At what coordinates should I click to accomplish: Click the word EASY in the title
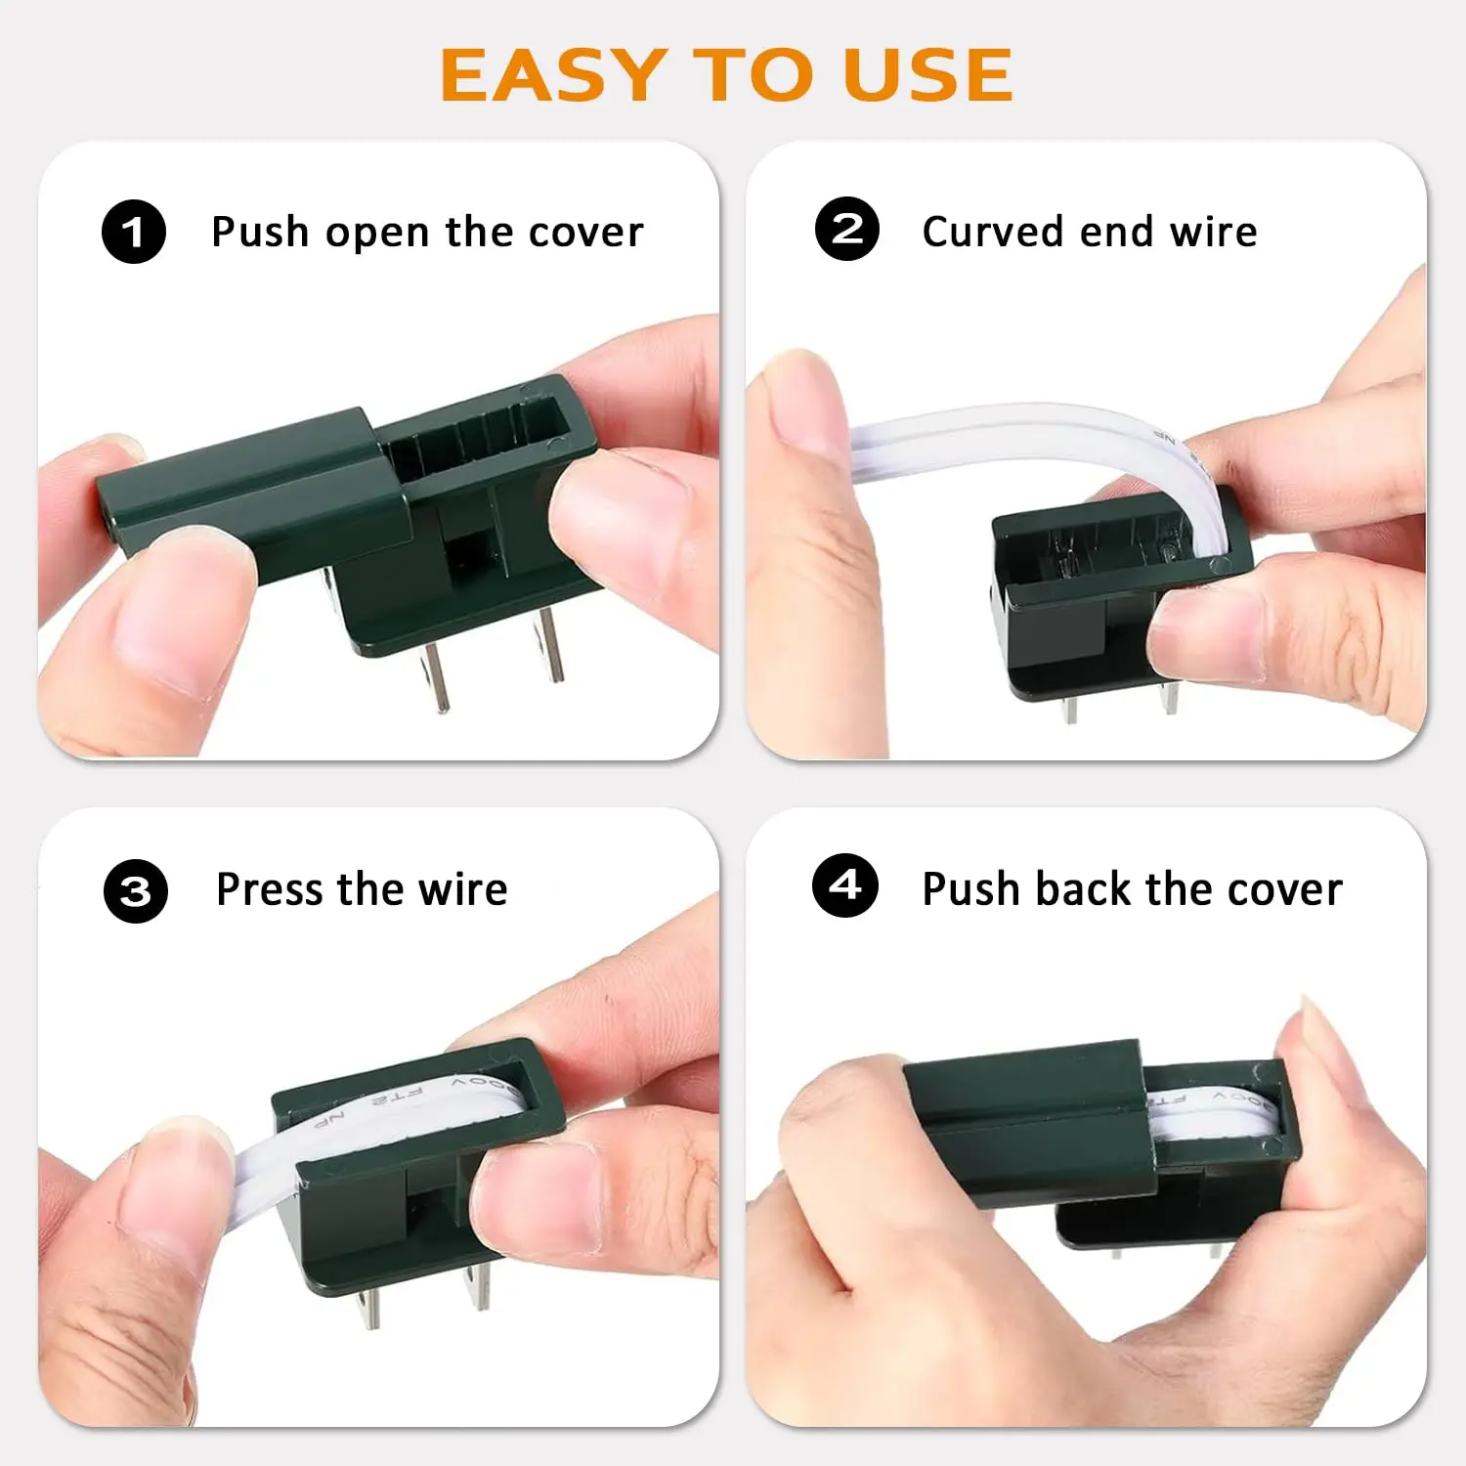[x=553, y=75]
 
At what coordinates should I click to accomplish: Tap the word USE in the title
[x=927, y=75]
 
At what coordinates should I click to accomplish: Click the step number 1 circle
[x=134, y=232]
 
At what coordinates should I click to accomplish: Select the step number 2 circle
[x=847, y=229]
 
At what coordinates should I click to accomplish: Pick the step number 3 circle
[x=136, y=891]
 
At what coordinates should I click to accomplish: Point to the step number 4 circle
[x=845, y=885]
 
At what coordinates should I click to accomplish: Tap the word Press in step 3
[x=270, y=889]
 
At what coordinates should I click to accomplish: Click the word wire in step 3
[x=463, y=889]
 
